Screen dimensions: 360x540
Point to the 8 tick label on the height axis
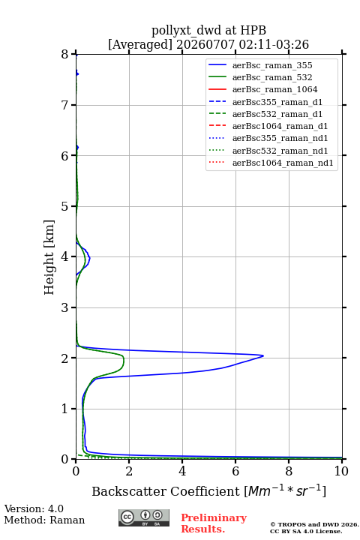point(65,54)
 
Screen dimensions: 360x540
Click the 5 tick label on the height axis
point(65,206)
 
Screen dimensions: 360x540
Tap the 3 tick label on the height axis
point(65,307)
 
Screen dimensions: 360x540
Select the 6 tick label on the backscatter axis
point(235,471)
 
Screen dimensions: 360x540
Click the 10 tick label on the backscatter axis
point(341,471)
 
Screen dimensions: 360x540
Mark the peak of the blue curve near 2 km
point(263,355)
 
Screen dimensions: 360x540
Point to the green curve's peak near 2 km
point(124,360)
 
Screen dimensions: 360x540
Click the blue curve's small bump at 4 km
point(89,257)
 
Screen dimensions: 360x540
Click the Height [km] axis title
point(49,257)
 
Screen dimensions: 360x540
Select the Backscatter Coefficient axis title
point(208,490)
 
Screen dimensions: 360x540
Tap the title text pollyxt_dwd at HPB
point(208,30)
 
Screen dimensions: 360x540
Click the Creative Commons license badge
point(144,517)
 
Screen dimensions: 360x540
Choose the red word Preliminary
point(214,517)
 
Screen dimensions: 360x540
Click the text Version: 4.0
point(34,508)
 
